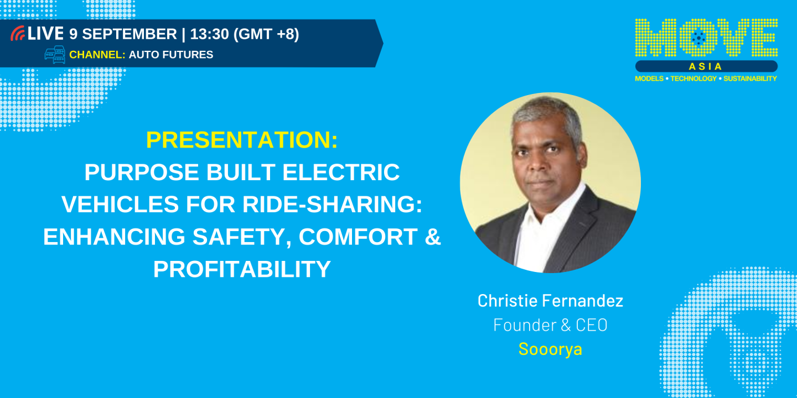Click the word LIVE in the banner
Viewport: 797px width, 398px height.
click(46, 34)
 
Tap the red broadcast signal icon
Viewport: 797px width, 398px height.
click(18, 34)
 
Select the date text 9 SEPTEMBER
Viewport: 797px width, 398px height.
click(123, 34)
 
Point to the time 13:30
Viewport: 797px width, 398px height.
click(209, 34)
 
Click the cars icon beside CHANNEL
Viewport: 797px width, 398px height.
click(55, 55)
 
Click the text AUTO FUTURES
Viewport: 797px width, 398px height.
click(171, 55)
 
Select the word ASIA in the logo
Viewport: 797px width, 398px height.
click(706, 66)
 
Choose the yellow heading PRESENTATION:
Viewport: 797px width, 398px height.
click(242, 140)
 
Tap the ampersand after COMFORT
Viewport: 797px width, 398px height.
click(433, 237)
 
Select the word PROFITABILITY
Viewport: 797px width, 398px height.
click(242, 269)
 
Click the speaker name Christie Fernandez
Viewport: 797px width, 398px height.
click(550, 301)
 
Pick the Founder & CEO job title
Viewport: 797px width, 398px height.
click(550, 325)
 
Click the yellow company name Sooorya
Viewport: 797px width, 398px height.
click(550, 349)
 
